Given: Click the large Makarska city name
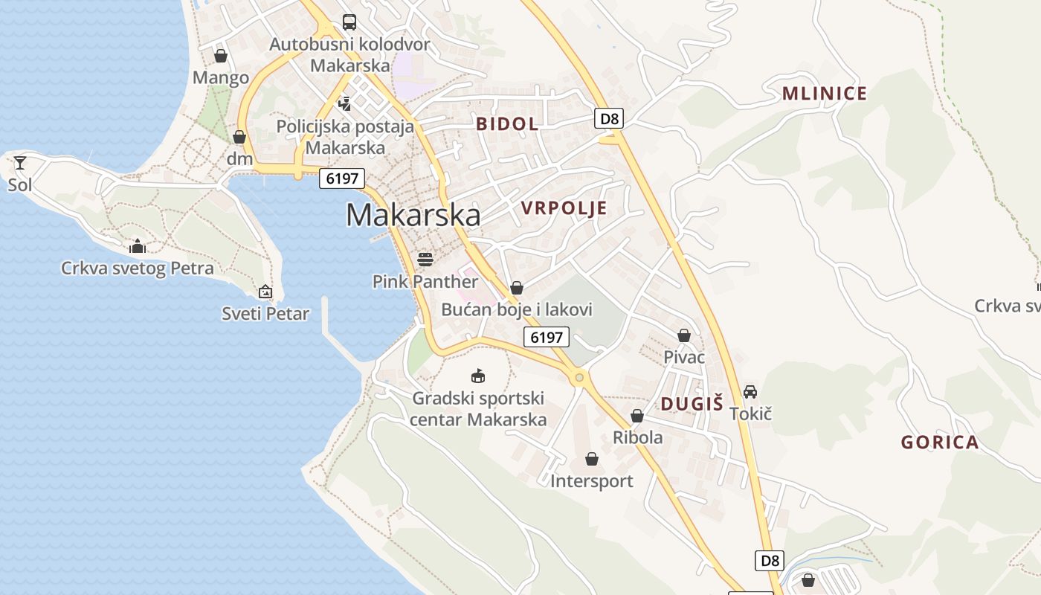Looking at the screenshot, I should [x=413, y=215].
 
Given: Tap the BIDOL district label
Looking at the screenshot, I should [x=507, y=124].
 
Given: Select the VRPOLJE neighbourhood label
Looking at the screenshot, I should [x=564, y=208].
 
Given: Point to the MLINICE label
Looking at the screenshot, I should [x=824, y=94].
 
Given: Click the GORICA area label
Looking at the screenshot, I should [x=940, y=443].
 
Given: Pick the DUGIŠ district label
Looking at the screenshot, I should [x=692, y=405].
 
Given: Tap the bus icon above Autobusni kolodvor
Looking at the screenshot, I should [x=349, y=22].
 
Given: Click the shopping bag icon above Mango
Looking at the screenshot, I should [x=221, y=56].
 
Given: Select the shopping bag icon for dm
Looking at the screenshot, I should [x=239, y=137].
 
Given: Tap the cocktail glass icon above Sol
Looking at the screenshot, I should [x=19, y=162].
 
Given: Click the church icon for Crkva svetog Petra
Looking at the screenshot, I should [x=138, y=246].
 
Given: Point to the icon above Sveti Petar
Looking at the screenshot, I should [x=265, y=292].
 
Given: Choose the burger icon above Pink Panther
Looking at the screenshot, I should [x=425, y=259].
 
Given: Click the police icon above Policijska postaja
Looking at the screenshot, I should [x=344, y=103].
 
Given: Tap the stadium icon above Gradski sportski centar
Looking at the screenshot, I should [x=478, y=376].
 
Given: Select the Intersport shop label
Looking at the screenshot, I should [x=592, y=481].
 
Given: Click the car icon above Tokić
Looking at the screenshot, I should [x=750, y=391].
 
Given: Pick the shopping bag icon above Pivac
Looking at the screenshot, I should [x=684, y=335].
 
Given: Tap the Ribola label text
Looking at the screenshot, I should [x=637, y=437].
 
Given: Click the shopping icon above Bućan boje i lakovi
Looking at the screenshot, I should [x=517, y=288].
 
